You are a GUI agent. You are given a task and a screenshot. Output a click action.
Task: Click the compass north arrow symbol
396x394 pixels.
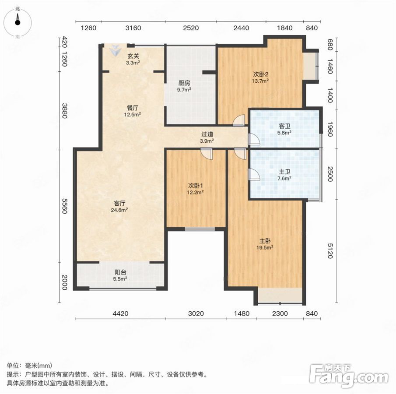(18, 19)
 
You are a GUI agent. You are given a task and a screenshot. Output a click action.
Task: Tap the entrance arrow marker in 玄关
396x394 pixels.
(116, 50)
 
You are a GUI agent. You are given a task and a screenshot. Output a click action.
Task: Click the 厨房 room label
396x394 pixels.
(184, 86)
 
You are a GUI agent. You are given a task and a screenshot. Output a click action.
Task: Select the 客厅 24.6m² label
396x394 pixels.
(119, 206)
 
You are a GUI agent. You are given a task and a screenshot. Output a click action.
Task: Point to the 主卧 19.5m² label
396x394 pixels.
(265, 244)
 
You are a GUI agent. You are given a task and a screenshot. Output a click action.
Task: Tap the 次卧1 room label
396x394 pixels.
(196, 189)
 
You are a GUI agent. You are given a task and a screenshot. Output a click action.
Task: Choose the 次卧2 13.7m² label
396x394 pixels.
(260, 77)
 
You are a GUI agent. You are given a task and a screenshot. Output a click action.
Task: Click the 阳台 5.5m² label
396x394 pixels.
(120, 275)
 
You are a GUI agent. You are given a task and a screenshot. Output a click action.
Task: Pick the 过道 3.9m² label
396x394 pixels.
(207, 137)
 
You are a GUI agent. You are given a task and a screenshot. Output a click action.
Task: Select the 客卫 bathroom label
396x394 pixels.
(284, 129)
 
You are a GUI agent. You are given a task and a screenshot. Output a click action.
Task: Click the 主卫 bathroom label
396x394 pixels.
(284, 175)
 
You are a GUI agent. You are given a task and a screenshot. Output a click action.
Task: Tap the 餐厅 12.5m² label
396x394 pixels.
(132, 111)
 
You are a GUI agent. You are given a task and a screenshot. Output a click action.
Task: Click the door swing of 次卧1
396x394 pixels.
(207, 154)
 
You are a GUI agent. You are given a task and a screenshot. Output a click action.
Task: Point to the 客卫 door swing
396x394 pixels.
(254, 139)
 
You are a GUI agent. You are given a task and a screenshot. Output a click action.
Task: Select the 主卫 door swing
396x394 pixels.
(254, 174)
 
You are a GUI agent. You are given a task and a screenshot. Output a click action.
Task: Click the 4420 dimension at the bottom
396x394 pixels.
(120, 313)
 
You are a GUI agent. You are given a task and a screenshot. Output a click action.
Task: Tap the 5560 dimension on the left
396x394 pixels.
(65, 206)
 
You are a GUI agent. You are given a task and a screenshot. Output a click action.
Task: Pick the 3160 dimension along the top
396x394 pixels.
(133, 28)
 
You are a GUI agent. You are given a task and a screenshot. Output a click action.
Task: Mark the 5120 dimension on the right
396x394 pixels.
(330, 251)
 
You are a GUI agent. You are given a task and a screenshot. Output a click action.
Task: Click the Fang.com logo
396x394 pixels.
(349, 376)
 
